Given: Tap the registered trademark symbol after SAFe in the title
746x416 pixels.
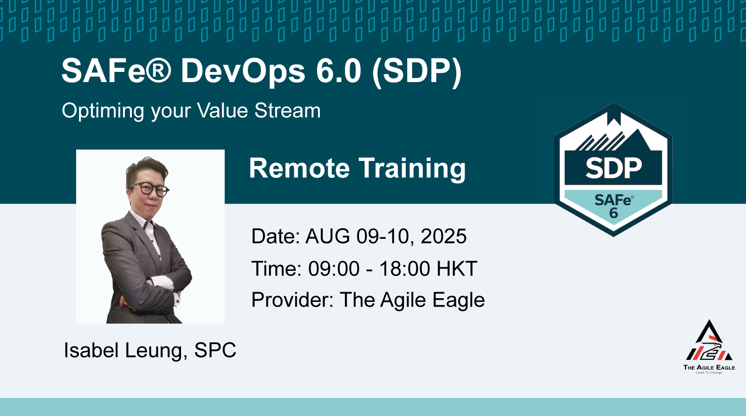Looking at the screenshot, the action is point(158,70).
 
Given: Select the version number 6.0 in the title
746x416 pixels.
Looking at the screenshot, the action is point(339,70).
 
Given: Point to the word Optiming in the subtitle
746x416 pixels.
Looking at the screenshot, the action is point(103,111).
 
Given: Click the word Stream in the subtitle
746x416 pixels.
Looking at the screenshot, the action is point(287,110).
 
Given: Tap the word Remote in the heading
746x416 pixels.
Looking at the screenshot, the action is point(299,168).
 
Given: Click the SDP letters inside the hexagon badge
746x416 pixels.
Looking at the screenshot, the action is point(613,168).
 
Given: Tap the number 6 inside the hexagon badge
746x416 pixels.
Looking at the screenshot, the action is point(613,213).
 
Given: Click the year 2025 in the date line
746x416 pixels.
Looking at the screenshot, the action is point(444,237).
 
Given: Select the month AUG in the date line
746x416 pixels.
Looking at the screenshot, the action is point(328,236).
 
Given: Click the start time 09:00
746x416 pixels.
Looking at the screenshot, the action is point(334,269).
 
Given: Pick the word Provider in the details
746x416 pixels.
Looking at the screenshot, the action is point(292,300).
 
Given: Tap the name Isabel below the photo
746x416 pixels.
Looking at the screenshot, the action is point(91,350).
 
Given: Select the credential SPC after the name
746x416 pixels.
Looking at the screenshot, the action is point(215,350).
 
